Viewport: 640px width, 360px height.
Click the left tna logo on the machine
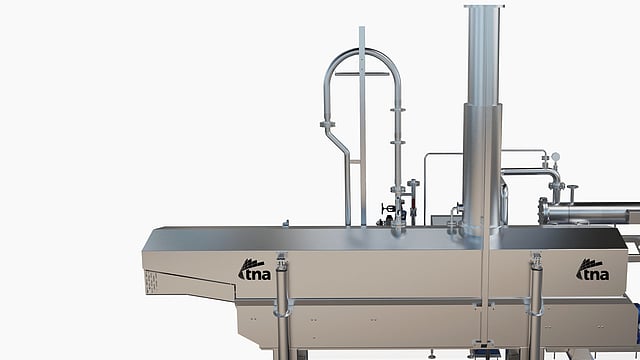pos(254,269)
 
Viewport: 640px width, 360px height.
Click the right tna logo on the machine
pos(593,269)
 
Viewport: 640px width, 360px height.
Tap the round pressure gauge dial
pos(556,156)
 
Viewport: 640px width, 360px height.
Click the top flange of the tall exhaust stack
pos(484,6)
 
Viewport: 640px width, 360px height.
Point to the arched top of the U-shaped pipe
pos(363,51)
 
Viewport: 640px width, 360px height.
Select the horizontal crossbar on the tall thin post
pos(362,74)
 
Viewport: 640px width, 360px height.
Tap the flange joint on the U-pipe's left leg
pos(327,124)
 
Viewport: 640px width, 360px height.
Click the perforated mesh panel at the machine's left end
pos(151,282)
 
